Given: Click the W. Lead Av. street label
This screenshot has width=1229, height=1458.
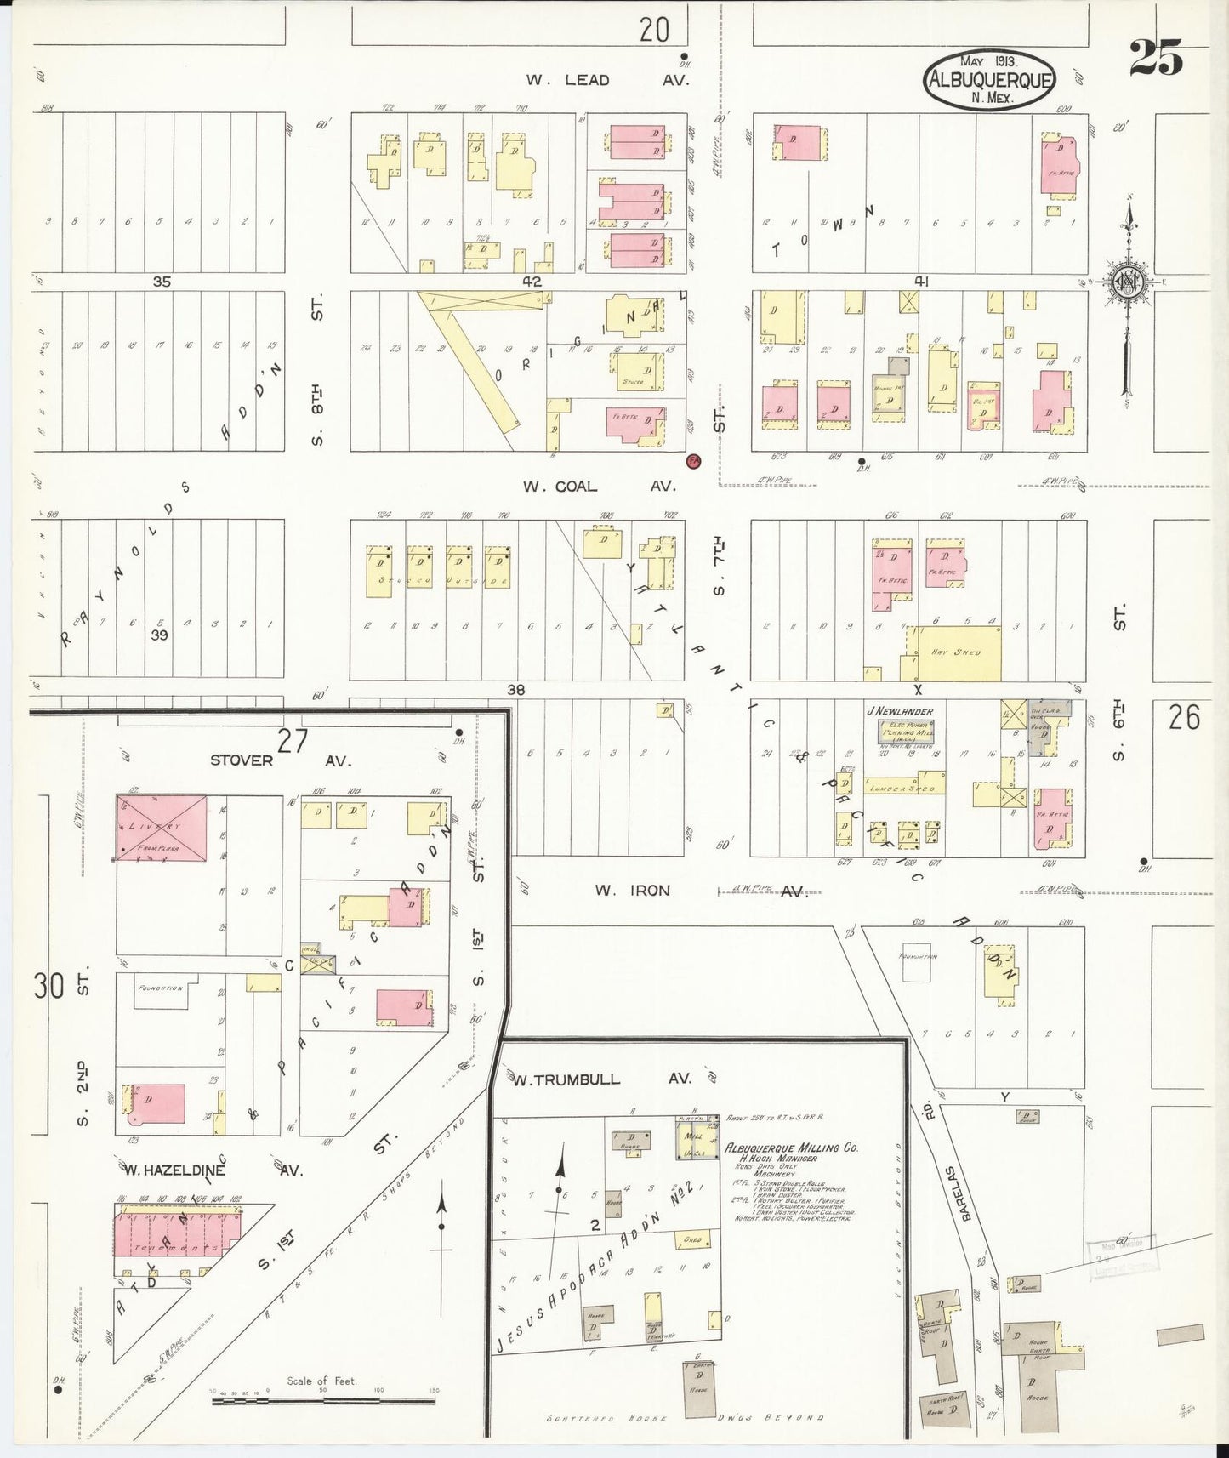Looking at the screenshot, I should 607,80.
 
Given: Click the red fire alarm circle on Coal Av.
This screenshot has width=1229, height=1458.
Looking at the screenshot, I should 694,460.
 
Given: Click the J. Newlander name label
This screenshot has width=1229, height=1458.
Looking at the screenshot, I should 900,711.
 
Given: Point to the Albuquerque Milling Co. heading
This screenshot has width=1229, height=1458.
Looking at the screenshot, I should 791,1148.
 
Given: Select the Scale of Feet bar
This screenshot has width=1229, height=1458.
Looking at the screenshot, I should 323,1397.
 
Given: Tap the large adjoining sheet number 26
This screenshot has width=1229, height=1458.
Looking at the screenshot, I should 1184,719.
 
